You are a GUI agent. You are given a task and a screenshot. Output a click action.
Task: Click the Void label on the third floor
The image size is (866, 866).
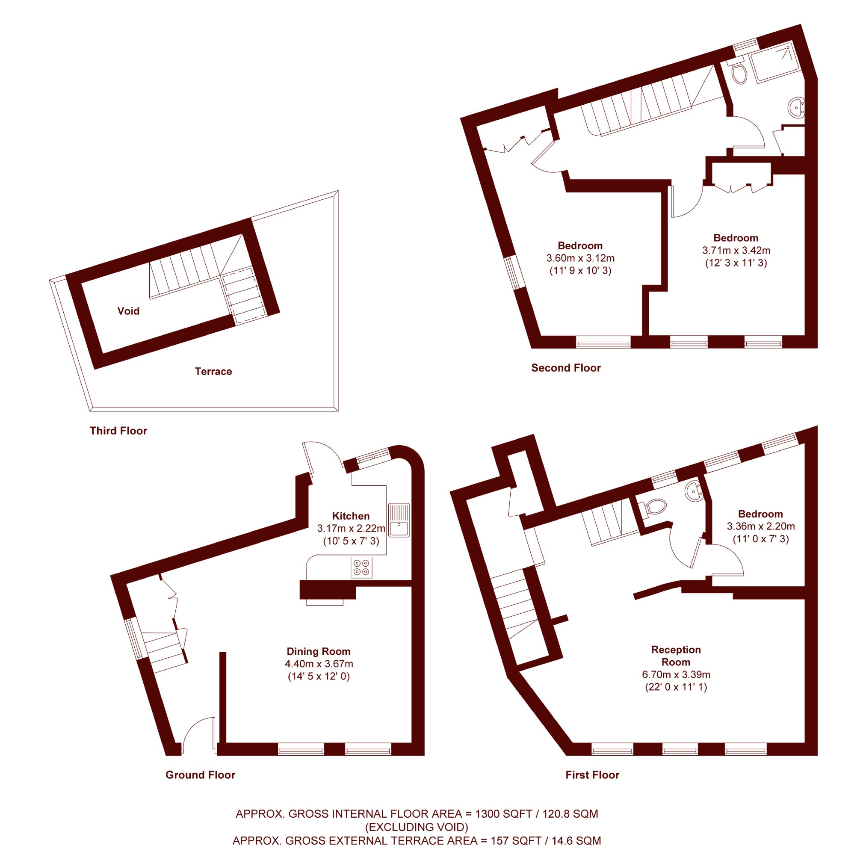tap(128, 310)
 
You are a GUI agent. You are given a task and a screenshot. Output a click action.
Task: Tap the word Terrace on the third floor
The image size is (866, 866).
tap(213, 371)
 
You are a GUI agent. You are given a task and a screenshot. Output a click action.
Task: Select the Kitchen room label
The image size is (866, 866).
tap(351, 516)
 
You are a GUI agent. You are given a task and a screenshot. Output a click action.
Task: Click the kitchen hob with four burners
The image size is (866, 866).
tap(361, 567)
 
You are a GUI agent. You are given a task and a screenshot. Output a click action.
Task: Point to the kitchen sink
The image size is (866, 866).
tap(399, 520)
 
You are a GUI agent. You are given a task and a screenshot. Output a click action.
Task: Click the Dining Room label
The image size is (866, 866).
tap(319, 651)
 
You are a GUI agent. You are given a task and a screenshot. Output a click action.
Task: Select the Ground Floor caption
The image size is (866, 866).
tap(201, 775)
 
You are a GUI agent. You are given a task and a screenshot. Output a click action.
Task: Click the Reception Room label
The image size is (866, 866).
tap(676, 656)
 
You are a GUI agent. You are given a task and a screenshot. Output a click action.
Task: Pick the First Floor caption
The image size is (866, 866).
tap(592, 775)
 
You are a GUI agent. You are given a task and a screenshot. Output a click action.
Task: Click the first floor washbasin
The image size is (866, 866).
tap(694, 491)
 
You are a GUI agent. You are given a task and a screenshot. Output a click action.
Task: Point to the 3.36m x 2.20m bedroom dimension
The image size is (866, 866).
tap(761, 526)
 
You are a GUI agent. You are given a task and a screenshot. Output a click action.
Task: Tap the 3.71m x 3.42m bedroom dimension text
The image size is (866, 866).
tap(736, 250)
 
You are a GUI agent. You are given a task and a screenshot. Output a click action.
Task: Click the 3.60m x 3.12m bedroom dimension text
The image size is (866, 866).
tap(580, 258)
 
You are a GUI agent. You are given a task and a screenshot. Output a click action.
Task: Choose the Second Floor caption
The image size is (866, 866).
tap(566, 368)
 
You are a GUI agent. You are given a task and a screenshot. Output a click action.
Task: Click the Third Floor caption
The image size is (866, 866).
tap(118, 431)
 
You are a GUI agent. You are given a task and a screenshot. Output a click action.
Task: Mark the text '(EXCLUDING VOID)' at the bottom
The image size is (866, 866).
tap(417, 827)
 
